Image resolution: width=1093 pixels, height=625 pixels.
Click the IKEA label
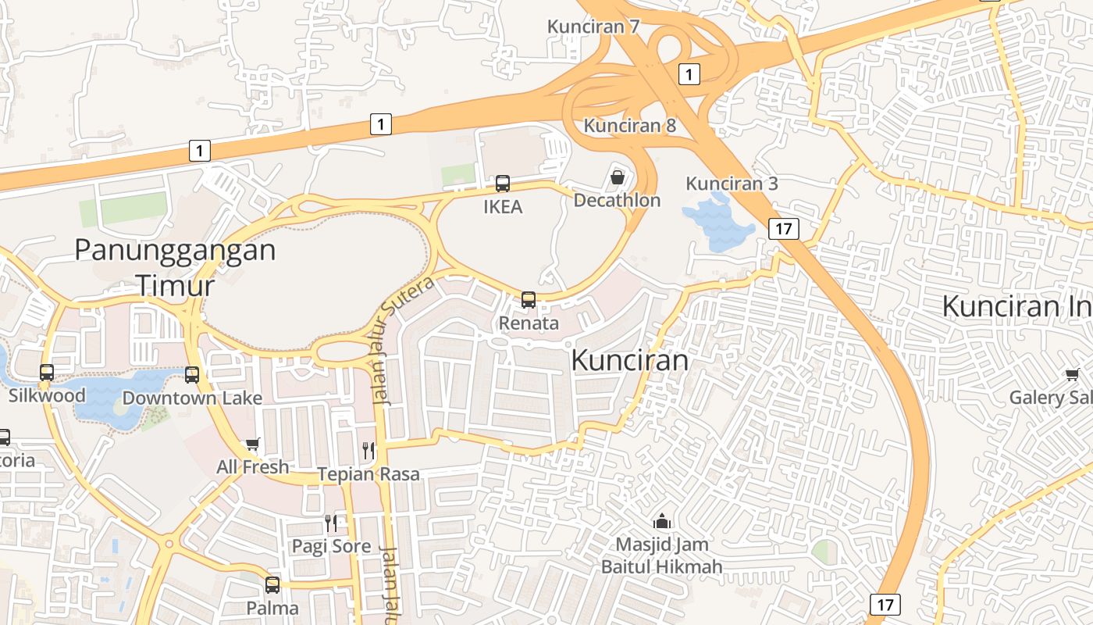coord(503,207)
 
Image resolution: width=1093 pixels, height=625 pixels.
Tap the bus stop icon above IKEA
coord(503,184)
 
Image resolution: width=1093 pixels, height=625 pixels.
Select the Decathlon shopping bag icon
coord(617,177)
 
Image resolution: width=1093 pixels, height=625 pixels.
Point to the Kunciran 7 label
coord(593,27)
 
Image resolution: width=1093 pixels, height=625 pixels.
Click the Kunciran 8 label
coord(630,125)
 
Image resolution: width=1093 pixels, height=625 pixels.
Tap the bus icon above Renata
coord(529,299)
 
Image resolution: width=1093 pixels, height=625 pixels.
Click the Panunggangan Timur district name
coord(175,267)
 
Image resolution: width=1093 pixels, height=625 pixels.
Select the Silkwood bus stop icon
coord(47,373)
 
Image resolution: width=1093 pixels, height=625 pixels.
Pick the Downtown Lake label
coord(192,398)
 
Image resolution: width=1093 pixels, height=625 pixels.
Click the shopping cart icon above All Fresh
coord(252,445)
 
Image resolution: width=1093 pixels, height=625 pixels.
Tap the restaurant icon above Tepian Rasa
coord(368,451)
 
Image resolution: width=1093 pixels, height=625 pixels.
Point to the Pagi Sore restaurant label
coord(332,545)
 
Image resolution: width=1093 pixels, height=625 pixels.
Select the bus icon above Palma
coord(272,584)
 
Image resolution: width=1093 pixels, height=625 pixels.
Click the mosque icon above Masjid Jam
coord(662,521)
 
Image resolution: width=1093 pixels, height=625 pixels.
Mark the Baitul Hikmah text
coord(661,566)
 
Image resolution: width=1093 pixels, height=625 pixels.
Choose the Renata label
coord(529,323)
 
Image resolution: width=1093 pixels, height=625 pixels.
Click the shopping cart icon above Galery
coord(1073,375)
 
